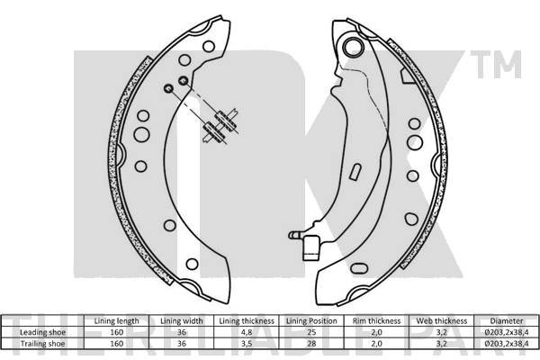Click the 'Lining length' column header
click(x=116, y=321)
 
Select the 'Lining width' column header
click(x=182, y=321)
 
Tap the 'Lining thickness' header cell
click(x=247, y=321)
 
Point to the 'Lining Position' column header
click(x=311, y=321)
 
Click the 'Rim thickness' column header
click(x=376, y=321)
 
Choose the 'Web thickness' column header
click(x=442, y=321)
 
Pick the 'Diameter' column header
click(x=507, y=321)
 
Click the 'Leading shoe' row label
click(x=42, y=332)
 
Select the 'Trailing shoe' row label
click(x=42, y=344)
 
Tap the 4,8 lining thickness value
click(x=247, y=332)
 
